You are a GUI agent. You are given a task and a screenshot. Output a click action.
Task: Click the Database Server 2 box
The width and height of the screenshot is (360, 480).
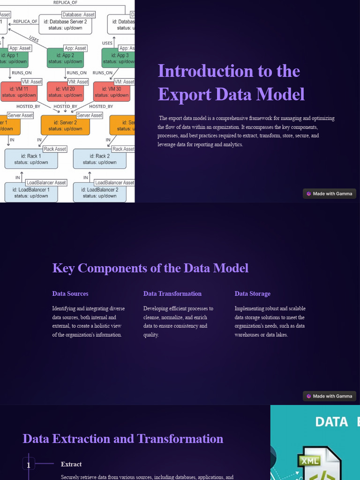coord(65,25)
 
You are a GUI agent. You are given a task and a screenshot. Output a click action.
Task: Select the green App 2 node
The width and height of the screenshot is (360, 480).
coord(65,58)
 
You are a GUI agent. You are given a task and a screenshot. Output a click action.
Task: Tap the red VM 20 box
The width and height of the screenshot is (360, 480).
coord(65,92)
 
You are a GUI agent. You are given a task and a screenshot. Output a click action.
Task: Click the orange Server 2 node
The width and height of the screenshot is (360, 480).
coord(65,126)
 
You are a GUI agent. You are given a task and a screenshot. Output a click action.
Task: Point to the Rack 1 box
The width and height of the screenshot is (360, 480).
coord(31,159)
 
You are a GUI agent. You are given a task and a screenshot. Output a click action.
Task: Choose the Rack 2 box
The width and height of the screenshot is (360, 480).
coord(99,159)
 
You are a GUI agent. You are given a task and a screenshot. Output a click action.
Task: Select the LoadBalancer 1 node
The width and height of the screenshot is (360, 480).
coord(31,193)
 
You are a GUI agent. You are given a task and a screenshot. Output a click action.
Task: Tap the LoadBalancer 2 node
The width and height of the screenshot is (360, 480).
coord(99,193)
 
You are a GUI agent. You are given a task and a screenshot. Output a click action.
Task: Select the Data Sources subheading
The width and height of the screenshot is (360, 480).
coord(70,294)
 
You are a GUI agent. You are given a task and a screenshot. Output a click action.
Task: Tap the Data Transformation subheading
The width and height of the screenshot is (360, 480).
coord(172,294)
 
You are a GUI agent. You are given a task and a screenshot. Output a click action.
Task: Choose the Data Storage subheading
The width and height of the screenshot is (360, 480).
coord(253,294)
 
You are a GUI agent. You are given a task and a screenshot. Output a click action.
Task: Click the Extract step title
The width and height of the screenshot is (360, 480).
coord(71,464)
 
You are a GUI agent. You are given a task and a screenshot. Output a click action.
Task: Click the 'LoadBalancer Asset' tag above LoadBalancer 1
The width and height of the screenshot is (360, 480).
coord(46,182)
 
